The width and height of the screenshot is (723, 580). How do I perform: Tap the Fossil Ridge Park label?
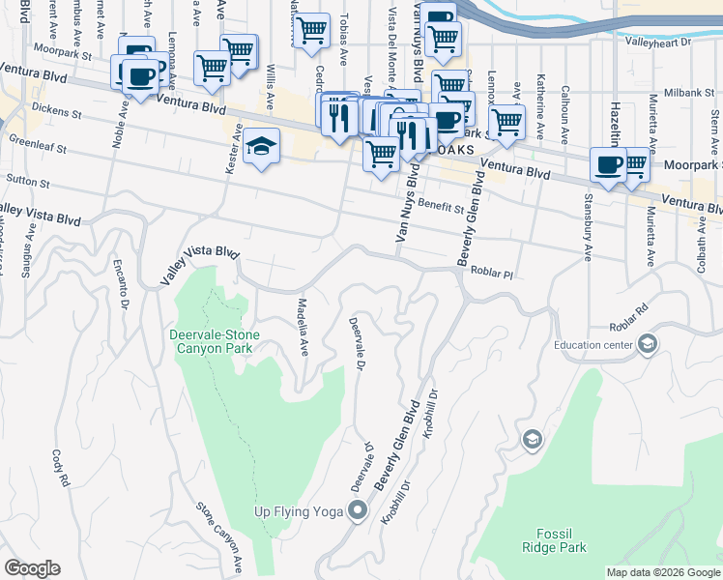click(561, 540)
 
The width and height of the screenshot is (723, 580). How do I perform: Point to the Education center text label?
click(593, 344)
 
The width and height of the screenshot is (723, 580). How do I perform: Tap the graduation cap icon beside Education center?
click(647, 344)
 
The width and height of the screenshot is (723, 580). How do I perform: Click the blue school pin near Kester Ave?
click(261, 147)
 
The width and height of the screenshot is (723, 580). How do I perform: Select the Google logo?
click(32, 568)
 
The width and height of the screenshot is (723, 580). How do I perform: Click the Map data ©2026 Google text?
click(662, 572)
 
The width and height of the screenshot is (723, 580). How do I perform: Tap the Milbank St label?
click(688, 92)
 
